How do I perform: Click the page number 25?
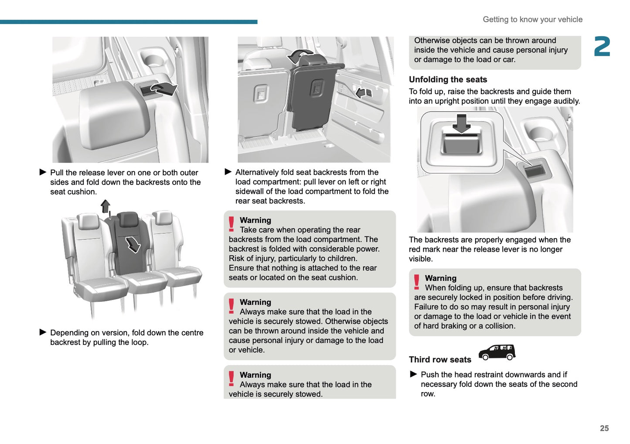[x=604, y=428]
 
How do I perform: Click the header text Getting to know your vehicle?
[x=532, y=20]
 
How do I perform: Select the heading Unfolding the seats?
[x=448, y=79]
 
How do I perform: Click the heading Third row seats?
[x=440, y=359]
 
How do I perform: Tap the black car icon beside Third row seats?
[x=497, y=352]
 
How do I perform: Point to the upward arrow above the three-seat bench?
[x=106, y=206]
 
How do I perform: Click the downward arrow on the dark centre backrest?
[x=133, y=244]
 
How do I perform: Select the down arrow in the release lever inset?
[x=461, y=123]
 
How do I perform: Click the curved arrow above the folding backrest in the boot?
[x=300, y=56]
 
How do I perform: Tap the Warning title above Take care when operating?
[x=255, y=220]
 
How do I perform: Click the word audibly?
[x=566, y=101]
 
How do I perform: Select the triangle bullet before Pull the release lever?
[x=43, y=172]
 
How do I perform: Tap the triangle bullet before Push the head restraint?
[x=414, y=374]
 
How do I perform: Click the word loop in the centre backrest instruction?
[x=139, y=342]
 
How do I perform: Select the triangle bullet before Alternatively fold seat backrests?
[x=228, y=172]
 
